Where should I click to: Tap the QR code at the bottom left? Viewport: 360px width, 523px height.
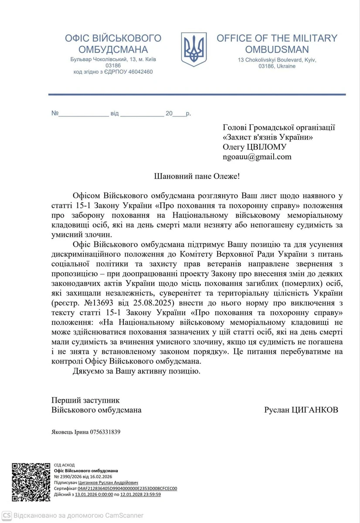[31, 482]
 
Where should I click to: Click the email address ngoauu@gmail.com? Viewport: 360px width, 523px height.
[257, 157]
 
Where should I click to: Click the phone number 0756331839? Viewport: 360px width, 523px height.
[105, 432]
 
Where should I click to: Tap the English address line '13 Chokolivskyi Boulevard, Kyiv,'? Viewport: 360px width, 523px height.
[277, 60]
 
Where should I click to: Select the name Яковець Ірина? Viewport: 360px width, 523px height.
[70, 432]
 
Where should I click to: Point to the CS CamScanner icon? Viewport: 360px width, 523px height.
[7, 515]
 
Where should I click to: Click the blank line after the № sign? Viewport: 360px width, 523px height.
[83, 114]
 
